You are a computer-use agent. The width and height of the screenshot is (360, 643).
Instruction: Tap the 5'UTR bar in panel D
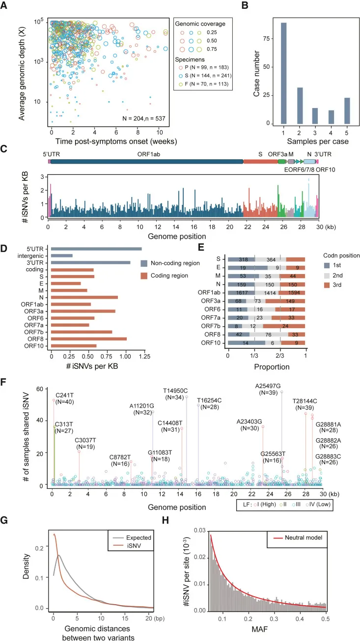pyautogui.click(x=96, y=249)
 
